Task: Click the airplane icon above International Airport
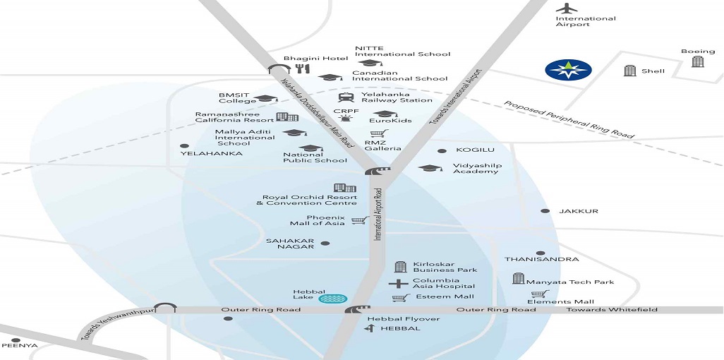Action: (567, 8)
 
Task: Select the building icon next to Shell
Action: (630, 71)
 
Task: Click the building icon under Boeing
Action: (698, 61)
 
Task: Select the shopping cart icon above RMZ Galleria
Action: (379, 133)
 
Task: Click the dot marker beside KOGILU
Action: (442, 150)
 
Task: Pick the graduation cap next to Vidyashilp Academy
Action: (430, 168)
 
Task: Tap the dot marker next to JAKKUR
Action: (545, 211)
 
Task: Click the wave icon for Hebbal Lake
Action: (333, 299)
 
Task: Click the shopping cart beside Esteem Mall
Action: (401, 298)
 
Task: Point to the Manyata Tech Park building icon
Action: (518, 279)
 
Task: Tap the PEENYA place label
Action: (19, 345)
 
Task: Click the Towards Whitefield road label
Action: (612, 309)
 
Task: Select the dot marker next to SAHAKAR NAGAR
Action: (325, 244)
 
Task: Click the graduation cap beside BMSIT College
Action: (265, 98)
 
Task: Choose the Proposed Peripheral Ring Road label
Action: (569, 119)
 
